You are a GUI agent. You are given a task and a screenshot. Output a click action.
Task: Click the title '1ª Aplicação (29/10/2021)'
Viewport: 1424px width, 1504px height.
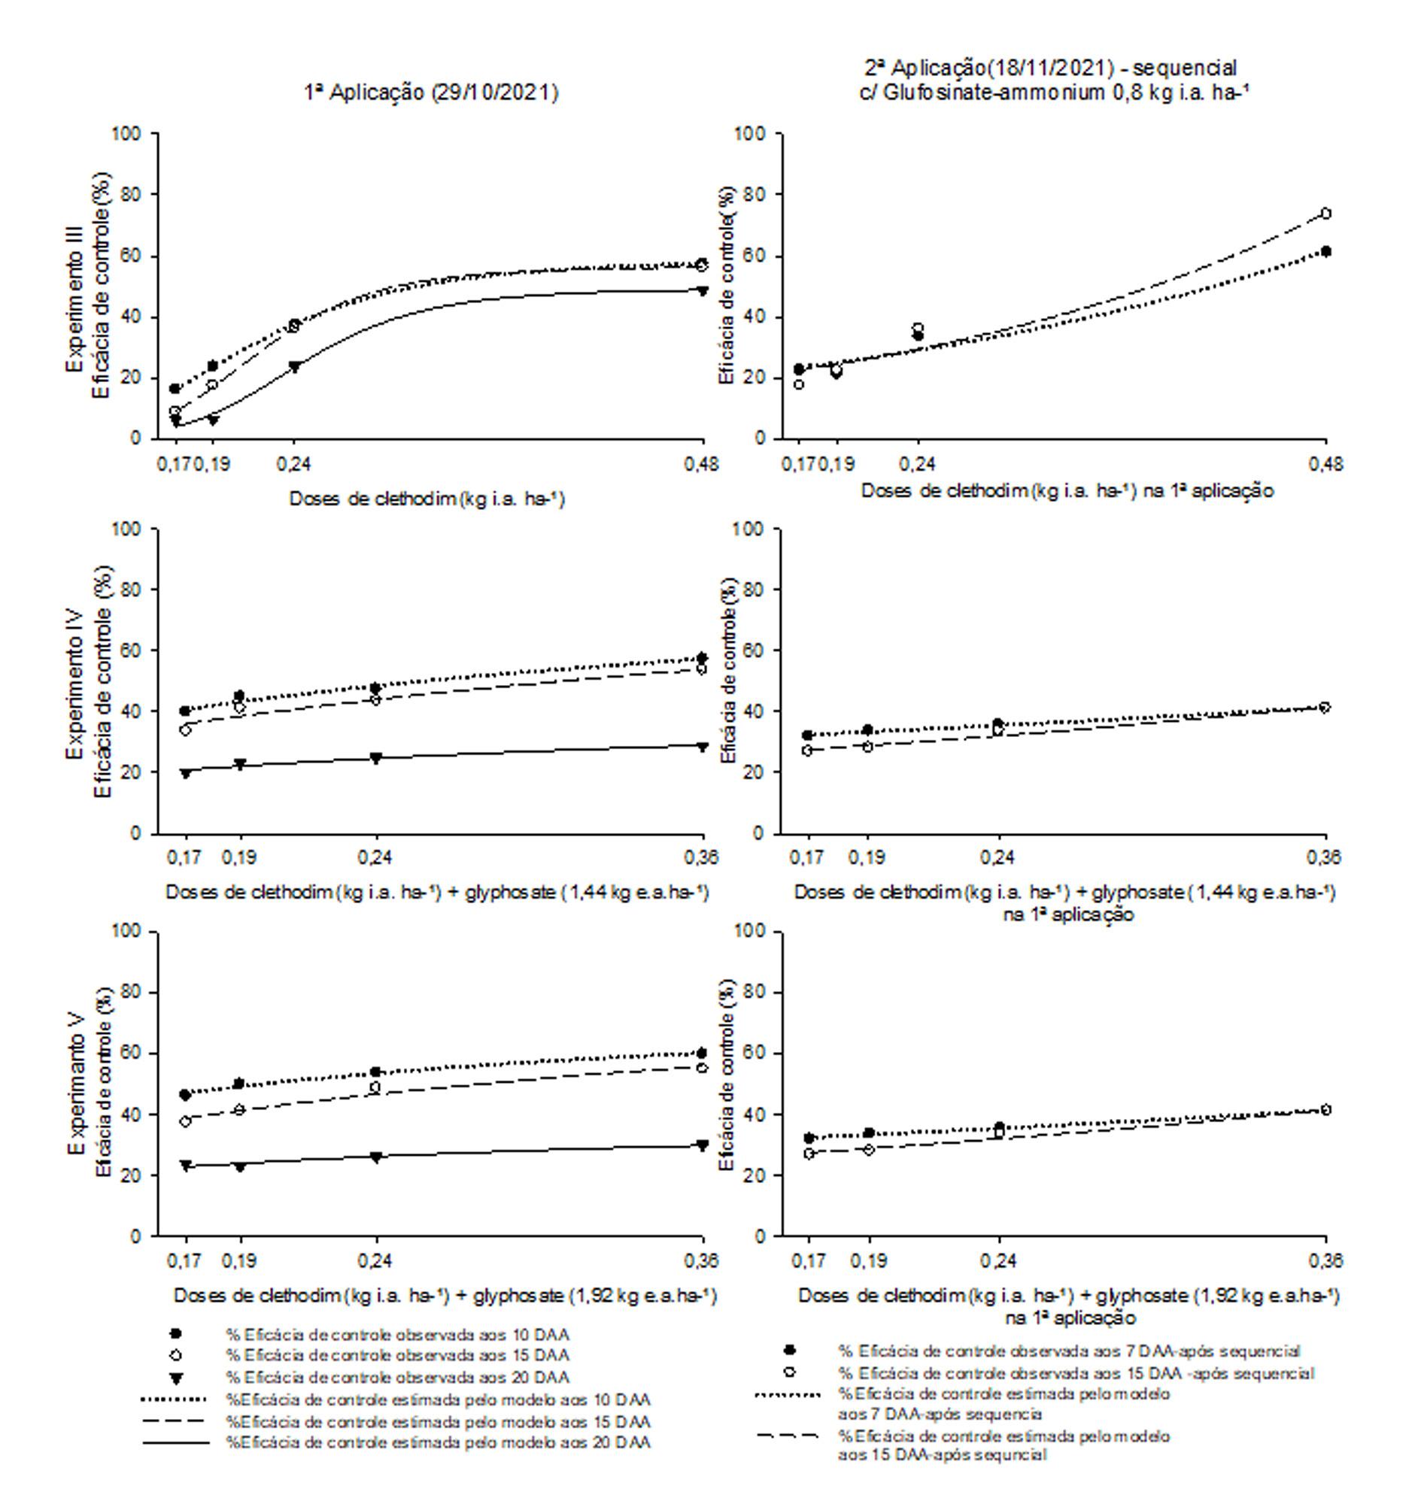click(431, 92)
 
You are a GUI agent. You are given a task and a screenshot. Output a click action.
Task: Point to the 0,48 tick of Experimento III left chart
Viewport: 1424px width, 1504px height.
click(701, 464)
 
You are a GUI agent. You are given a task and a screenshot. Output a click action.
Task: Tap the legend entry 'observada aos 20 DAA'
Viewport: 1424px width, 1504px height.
click(397, 1377)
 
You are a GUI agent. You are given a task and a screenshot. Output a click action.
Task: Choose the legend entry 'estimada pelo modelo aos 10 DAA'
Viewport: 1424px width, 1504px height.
click(438, 1399)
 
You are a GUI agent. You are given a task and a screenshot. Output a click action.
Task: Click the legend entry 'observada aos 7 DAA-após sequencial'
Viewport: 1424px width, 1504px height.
click(1069, 1351)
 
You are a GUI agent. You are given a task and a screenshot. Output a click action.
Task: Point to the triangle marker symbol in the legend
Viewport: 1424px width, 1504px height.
click(175, 1378)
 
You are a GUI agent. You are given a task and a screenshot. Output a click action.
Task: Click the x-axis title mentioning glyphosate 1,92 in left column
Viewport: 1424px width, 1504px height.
click(445, 1296)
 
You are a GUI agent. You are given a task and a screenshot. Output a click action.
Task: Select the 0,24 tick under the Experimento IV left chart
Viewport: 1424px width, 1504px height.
click(375, 857)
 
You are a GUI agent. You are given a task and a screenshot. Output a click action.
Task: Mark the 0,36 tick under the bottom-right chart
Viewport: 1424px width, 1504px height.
click(1326, 1260)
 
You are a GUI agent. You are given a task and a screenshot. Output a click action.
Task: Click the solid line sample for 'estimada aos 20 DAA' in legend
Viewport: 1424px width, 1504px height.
click(175, 1442)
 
